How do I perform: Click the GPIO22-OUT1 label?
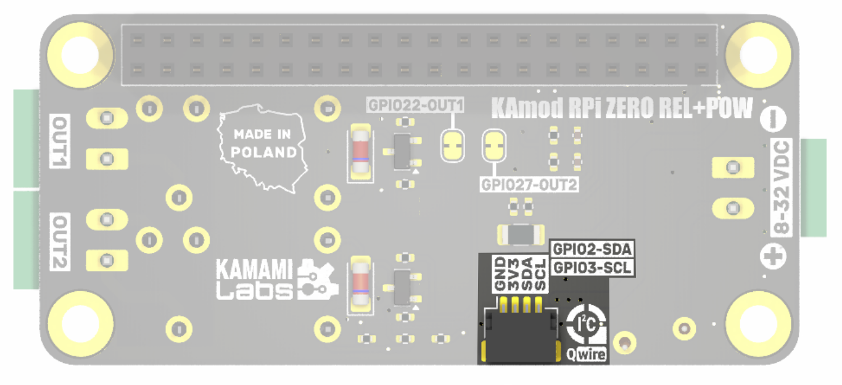coord(415,105)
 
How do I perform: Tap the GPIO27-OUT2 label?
coord(529,184)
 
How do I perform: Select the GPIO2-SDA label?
coord(592,249)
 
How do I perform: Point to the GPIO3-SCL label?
coord(592,268)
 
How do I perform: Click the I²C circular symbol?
coord(585,322)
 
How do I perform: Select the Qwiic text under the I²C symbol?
coord(587,354)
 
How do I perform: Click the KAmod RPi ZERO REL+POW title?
coord(622,109)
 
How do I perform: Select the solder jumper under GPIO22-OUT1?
coord(453,146)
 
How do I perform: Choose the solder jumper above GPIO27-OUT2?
coord(493,146)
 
